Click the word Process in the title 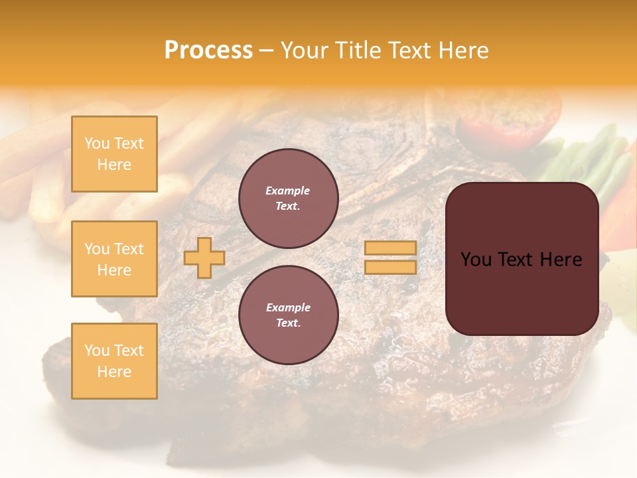pyautogui.click(x=208, y=50)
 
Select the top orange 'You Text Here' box pyautogui.click(x=114, y=154)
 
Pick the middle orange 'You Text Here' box pyautogui.click(x=114, y=259)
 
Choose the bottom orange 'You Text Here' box pyautogui.click(x=114, y=361)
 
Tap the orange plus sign pyautogui.click(x=204, y=258)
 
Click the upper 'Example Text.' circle pyautogui.click(x=289, y=199)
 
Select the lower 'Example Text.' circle pyautogui.click(x=289, y=315)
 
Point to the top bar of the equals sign pyautogui.click(x=390, y=248)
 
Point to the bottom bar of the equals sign pyautogui.click(x=390, y=268)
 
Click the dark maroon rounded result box pyautogui.click(x=522, y=259)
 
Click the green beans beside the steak pyautogui.click(x=594, y=163)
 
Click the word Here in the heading pyautogui.click(x=462, y=50)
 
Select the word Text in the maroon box pyautogui.click(x=516, y=260)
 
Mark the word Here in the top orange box pyautogui.click(x=114, y=165)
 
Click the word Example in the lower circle pyautogui.click(x=288, y=307)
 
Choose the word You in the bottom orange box pyautogui.click(x=97, y=351)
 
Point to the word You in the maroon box pyautogui.click(x=476, y=260)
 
